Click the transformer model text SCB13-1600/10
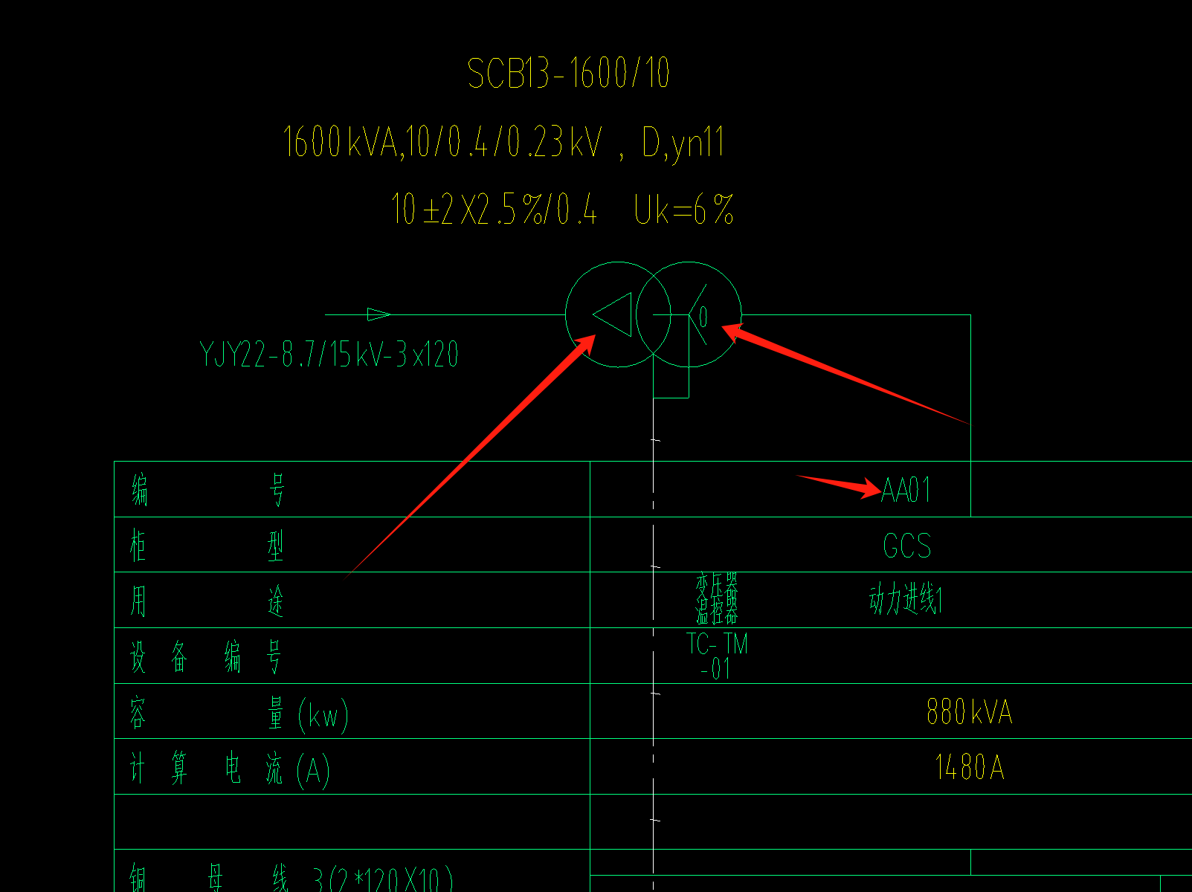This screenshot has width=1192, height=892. pyautogui.click(x=569, y=74)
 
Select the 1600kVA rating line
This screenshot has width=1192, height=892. pyautogui.click(x=503, y=142)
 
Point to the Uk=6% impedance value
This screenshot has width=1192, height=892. pyautogui.click(x=684, y=210)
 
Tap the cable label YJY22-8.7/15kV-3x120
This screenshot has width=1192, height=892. pyautogui.click(x=329, y=355)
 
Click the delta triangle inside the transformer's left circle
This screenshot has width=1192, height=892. pyautogui.click(x=614, y=314)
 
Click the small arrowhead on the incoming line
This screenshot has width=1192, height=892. pyautogui.click(x=378, y=314)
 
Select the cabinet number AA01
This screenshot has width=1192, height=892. pyautogui.click(x=906, y=491)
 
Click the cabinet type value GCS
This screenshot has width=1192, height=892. pyautogui.click(x=906, y=546)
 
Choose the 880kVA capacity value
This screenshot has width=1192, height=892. pyautogui.click(x=969, y=712)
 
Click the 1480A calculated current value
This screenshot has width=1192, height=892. pyautogui.click(x=970, y=767)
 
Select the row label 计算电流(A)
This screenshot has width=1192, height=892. pyautogui.click(x=230, y=769)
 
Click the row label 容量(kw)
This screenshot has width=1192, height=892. pyautogui.click(x=239, y=714)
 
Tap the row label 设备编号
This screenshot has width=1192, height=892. pyautogui.click(x=206, y=658)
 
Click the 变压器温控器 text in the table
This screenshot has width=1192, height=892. pyautogui.click(x=717, y=599)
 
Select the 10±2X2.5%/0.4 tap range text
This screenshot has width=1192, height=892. pyautogui.click(x=494, y=210)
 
